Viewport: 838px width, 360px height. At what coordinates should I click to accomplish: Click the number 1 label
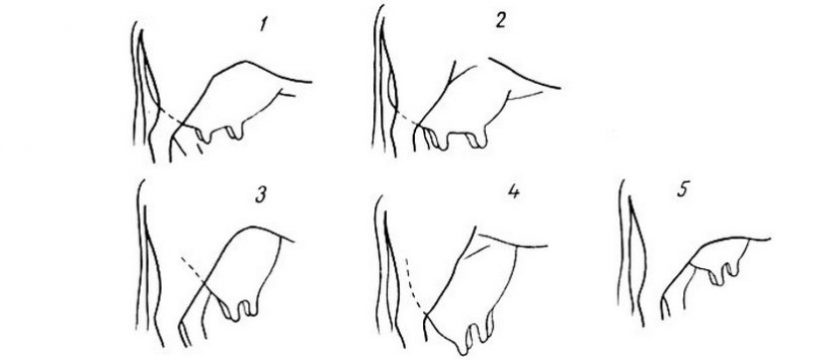[x=262, y=24]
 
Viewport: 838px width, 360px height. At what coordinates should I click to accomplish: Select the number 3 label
[x=260, y=195]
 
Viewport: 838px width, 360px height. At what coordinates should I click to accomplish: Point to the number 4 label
[x=513, y=191]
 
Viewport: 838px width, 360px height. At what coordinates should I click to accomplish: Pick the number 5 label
[x=682, y=190]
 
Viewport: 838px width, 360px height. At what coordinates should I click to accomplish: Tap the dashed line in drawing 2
[x=406, y=119]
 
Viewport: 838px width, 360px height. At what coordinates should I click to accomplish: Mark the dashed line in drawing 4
[x=413, y=287]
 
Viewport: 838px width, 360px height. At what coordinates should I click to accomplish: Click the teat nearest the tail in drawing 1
[x=203, y=136]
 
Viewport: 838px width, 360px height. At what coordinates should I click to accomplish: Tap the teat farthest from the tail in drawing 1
[x=235, y=132]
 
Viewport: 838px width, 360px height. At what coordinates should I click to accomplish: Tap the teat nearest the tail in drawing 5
[x=715, y=276]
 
